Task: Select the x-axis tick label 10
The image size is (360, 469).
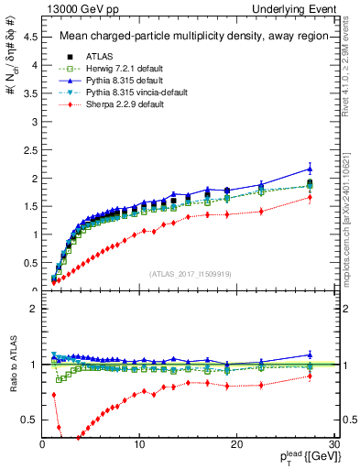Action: click(x=139, y=444)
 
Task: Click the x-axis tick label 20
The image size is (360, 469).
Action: click(x=236, y=444)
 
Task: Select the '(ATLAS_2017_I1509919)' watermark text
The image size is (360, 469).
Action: click(x=190, y=273)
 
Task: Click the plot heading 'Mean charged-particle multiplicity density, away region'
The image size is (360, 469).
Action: click(x=189, y=38)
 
